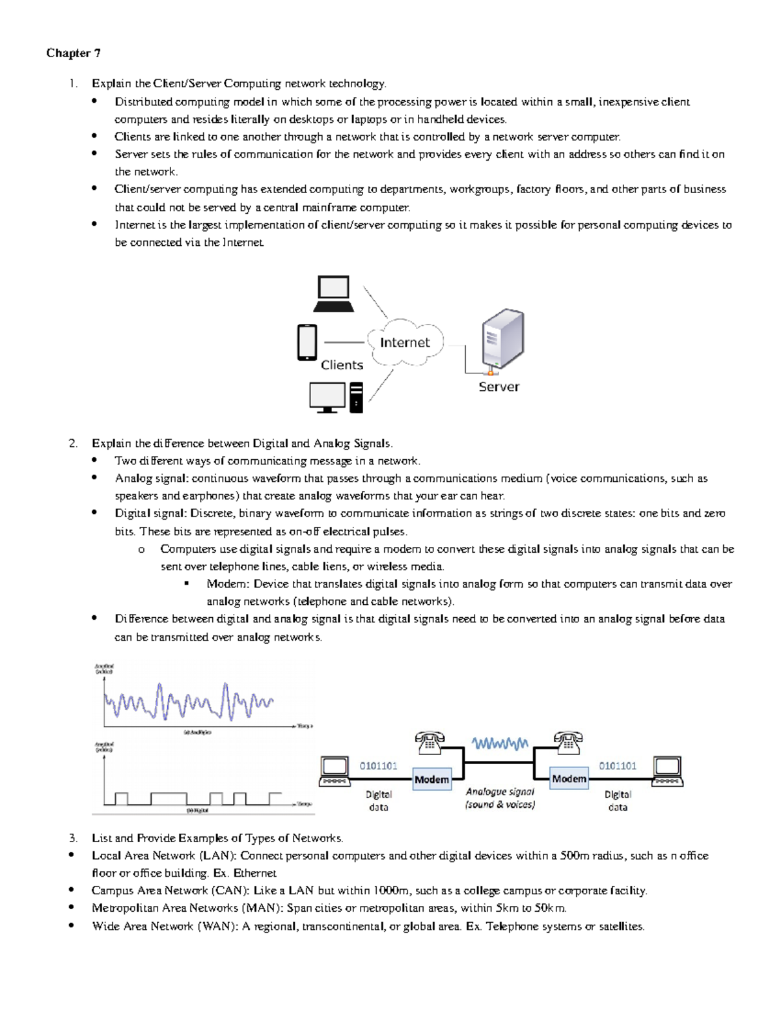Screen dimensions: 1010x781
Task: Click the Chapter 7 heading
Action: point(73,53)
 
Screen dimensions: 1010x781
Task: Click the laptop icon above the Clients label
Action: point(333,293)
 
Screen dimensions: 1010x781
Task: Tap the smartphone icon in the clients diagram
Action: point(307,342)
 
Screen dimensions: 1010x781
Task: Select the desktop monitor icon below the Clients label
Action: point(327,397)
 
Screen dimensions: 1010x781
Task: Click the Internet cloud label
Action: point(405,343)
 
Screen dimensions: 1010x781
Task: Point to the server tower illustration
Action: point(502,340)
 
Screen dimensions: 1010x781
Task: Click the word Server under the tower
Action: point(499,387)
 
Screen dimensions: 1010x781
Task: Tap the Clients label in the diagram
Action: point(342,365)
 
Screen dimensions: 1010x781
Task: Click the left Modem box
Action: point(432,779)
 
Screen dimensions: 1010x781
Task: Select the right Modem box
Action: point(569,778)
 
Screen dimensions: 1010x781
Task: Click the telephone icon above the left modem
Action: point(430,741)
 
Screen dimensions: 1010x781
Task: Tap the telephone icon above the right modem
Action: point(568,741)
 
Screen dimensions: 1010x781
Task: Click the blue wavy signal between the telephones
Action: point(500,743)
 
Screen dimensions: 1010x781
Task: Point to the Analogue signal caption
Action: point(500,798)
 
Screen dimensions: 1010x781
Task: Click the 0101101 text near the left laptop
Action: point(378,766)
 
